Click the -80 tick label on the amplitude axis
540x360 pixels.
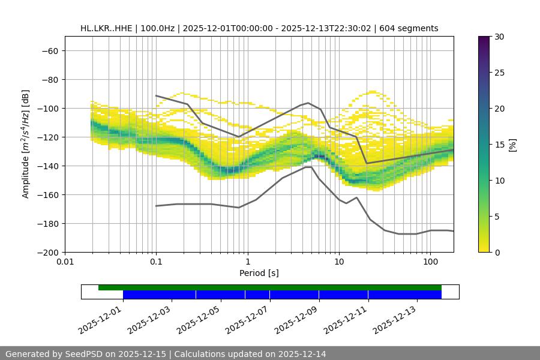(49, 79)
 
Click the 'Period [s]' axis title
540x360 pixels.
(259, 273)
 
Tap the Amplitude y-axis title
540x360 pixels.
(26, 144)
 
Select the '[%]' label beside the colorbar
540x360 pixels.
(512, 145)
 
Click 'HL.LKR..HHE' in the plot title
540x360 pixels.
(106, 28)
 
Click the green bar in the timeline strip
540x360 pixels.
(270, 287)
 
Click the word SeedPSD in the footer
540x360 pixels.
(85, 354)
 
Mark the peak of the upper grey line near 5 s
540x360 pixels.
(308, 103)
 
